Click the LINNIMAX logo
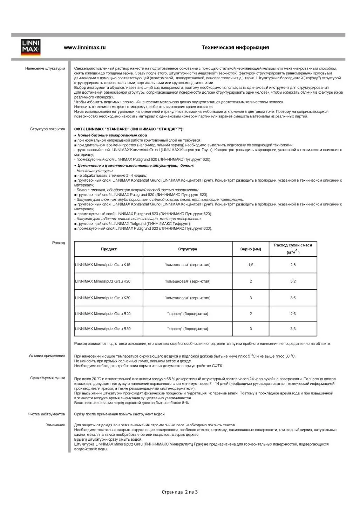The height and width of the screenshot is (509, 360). [31, 48]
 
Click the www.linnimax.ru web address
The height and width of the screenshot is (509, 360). [84, 48]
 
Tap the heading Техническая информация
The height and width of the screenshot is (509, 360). [235, 48]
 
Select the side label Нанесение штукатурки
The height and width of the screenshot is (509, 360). [45, 69]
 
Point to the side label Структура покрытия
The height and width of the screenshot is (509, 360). [47, 129]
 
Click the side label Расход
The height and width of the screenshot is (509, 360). [59, 243]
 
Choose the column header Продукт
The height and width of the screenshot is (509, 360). [109, 249]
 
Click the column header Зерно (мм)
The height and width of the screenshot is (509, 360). [251, 249]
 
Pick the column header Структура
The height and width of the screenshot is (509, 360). [188, 249]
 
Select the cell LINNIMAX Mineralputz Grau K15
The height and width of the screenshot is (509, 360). [103, 265]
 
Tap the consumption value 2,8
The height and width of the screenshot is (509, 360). [293, 265]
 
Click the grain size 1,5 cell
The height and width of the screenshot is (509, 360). [251, 265]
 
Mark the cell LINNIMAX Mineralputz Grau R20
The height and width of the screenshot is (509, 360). [103, 314]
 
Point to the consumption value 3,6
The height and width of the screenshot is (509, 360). [293, 298]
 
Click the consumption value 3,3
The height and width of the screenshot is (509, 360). [293, 329]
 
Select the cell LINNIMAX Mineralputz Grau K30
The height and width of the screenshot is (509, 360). [103, 298]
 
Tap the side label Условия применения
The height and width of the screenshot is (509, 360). [47, 355]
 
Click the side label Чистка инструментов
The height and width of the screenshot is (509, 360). [46, 414]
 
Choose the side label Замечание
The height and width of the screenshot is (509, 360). [55, 425]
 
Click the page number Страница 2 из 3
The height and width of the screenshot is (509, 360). [180, 492]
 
